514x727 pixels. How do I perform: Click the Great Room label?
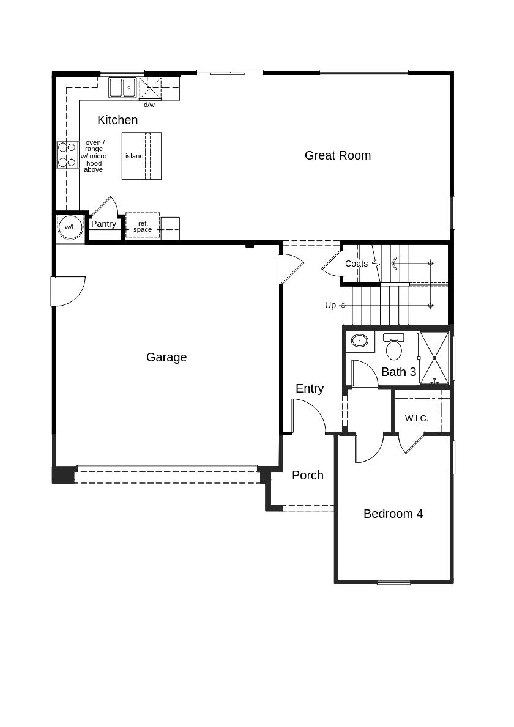[x=338, y=155]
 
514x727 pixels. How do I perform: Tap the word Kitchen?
[x=117, y=120]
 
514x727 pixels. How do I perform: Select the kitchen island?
[x=141, y=156]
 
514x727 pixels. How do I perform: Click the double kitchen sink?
[x=123, y=87]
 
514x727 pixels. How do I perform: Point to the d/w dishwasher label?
[x=149, y=105]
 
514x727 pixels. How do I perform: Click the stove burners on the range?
[x=67, y=155]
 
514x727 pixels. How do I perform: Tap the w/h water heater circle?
[x=70, y=227]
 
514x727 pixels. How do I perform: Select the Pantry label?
[x=103, y=224]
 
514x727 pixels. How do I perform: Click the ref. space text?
[x=143, y=226]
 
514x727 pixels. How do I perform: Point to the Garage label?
[x=166, y=357]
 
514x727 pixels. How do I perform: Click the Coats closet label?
[x=356, y=264]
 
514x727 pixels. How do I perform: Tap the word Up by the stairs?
[x=330, y=305]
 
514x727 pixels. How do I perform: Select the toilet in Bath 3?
[x=394, y=349]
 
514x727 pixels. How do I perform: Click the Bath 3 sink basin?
[x=360, y=341]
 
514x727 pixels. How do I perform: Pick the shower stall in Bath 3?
[x=434, y=358]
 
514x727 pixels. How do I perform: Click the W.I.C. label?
[x=417, y=418]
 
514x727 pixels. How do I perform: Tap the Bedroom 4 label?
[x=393, y=514]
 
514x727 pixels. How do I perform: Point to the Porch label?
[x=308, y=475]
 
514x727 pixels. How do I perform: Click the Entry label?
[x=310, y=388]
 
